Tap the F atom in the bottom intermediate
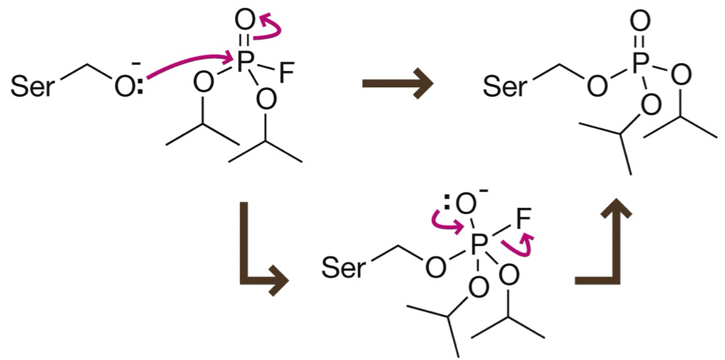click(x=523, y=220)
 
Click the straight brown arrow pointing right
click(x=397, y=85)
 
